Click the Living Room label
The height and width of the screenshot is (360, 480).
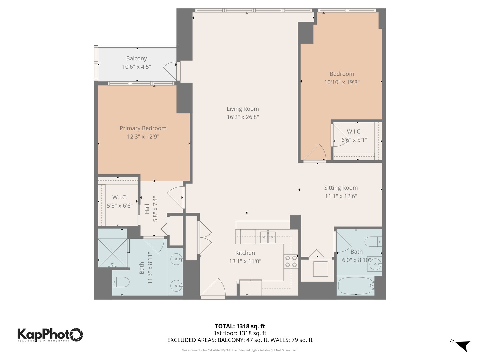[x=243, y=109]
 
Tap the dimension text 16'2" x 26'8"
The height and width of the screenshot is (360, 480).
[x=243, y=117]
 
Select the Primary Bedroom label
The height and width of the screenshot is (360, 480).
[x=143, y=128]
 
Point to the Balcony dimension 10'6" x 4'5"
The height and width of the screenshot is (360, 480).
[x=136, y=67]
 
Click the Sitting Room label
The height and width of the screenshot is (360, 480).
[x=341, y=188]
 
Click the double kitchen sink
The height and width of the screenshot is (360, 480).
[x=268, y=237]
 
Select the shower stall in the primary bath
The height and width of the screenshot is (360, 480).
[x=113, y=253]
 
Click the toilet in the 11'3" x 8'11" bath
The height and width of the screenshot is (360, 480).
[x=121, y=282]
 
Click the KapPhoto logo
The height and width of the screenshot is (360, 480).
[x=50, y=334]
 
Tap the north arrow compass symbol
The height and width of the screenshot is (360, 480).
[x=462, y=345]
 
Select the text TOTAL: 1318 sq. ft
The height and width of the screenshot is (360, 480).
[x=240, y=326]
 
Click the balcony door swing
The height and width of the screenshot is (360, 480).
[x=171, y=68]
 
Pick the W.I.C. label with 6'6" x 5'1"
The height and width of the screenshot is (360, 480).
[x=354, y=132]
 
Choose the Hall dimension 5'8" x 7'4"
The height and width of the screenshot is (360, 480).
[x=155, y=209]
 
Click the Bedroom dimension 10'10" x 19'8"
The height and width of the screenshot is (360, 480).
[x=342, y=82]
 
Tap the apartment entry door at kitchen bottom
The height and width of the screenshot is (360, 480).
[x=213, y=288]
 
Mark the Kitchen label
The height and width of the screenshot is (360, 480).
[x=245, y=253]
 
